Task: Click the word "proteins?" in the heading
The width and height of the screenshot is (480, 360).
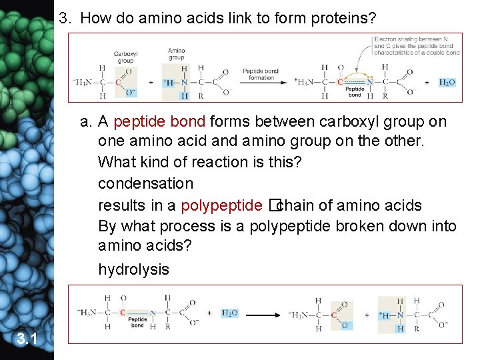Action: [x=343, y=19]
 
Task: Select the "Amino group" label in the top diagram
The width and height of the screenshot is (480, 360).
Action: [x=177, y=54]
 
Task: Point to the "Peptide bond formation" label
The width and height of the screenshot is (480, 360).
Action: [x=261, y=74]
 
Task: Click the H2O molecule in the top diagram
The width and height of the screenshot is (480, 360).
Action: [x=447, y=82]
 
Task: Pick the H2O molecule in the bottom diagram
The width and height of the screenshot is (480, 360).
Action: [x=229, y=313]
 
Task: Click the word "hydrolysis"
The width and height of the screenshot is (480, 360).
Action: [x=133, y=269]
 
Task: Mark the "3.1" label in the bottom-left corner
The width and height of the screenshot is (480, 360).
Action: [x=26, y=340]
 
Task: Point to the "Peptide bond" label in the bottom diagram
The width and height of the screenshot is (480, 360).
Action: [x=137, y=323]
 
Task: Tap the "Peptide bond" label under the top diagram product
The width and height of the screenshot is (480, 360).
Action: [x=355, y=92]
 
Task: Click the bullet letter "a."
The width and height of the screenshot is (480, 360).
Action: [x=85, y=122]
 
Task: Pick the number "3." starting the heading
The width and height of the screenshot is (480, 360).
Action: [x=65, y=19]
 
